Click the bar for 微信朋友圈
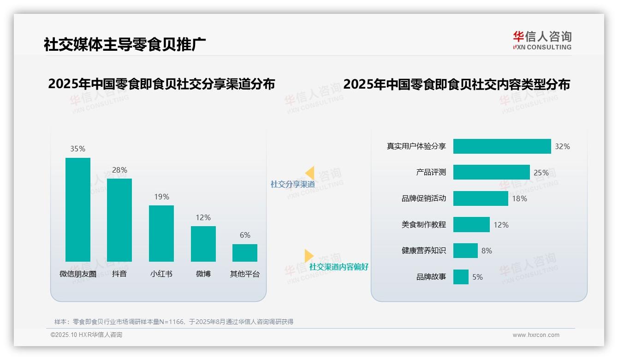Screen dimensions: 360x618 [x=78, y=210]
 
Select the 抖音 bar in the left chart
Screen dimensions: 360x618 [x=119, y=220]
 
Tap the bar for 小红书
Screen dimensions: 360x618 [x=161, y=234]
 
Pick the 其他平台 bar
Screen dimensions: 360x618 [x=245, y=253]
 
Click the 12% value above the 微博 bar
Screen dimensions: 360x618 [x=203, y=217]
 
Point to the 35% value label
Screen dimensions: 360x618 [x=77, y=149]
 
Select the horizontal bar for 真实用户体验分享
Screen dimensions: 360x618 [x=502, y=146]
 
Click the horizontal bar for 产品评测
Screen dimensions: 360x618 [x=491, y=172]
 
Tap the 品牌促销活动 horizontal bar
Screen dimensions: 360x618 [x=481, y=198]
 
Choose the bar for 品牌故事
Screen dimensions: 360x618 [x=461, y=277]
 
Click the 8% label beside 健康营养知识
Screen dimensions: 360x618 [x=487, y=251]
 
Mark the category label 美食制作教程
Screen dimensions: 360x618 [x=423, y=225]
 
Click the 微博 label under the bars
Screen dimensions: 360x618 [x=203, y=274]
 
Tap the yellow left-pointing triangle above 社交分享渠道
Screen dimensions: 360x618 [x=310, y=173]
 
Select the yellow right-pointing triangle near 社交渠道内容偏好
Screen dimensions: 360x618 [x=309, y=256]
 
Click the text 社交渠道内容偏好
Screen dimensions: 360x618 [x=339, y=267]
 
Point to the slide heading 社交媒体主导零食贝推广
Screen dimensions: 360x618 [x=125, y=44]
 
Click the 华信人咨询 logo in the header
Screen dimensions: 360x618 [x=542, y=40]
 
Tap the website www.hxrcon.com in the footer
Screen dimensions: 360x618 [x=535, y=335]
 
